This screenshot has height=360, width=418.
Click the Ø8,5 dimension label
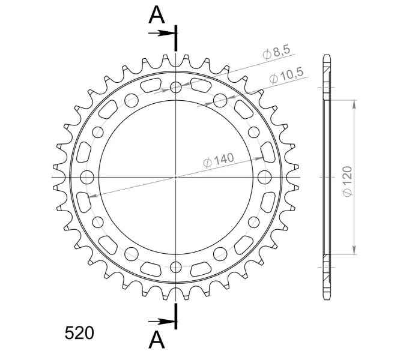pyautogui.click(x=276, y=52)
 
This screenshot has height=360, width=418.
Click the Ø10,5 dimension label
pyautogui.click(x=286, y=76)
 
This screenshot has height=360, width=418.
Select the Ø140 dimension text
pyautogui.click(x=219, y=160)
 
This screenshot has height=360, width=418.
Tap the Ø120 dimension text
pyautogui.click(x=348, y=181)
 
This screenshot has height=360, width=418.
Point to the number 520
pyautogui.click(x=79, y=333)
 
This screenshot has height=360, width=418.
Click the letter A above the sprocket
pyautogui.click(x=157, y=14)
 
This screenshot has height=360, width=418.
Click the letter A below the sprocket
pyautogui.click(x=157, y=340)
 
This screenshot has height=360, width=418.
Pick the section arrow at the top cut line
pyautogui.click(x=162, y=33)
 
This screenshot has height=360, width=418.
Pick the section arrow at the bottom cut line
pyautogui.click(x=162, y=322)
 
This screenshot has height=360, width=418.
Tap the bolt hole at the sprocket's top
pyautogui.click(x=176, y=87)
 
